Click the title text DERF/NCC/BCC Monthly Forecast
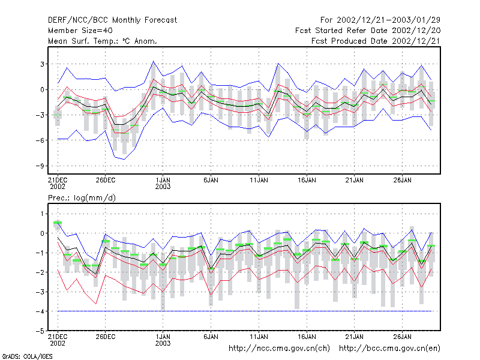pos(112,20)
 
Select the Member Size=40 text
pos(80,31)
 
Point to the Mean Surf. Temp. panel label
pos(103,41)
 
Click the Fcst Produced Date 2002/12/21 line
pos(376,41)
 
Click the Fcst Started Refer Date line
pos(368,31)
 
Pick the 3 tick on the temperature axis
pos(42,64)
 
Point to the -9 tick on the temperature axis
pos(40,166)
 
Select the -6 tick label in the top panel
pos(40,140)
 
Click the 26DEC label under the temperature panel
pos(106,180)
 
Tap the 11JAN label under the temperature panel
pos(259,180)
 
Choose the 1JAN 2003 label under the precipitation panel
pos(163,340)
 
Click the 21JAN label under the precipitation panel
pos(355,337)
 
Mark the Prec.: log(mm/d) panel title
pos(82,198)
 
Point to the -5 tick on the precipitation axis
pos(40,331)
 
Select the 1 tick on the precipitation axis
pos(42,214)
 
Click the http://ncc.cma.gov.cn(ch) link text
pos(279,349)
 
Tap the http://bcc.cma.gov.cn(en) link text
pos(389,349)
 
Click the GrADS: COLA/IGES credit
pos(27,356)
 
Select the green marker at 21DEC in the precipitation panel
pos(58,223)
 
